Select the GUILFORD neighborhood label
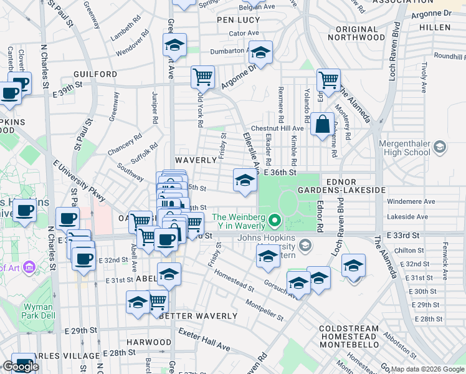coord(95,74)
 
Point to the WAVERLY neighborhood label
coord(196,160)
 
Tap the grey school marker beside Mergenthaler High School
coord(440,147)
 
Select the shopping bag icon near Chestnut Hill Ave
coord(322,124)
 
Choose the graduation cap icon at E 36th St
coord(245,181)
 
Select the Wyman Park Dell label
coord(39,311)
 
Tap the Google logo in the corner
coord(21,366)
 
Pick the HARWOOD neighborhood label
coord(149,342)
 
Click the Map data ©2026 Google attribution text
coord(427,369)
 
